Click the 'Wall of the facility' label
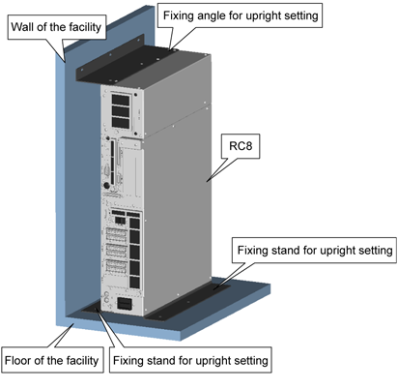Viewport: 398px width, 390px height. coord(57,27)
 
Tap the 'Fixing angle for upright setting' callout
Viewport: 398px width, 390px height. coord(241,15)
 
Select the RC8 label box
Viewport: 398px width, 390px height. coord(241,146)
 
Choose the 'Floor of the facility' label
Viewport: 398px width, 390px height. coord(52,360)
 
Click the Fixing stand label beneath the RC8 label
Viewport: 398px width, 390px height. coord(315,251)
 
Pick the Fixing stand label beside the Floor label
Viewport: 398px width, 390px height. coord(190,360)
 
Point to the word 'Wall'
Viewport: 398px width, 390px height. coord(22,27)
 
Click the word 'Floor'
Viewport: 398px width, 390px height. coord(17,360)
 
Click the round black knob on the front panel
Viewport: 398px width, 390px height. coord(106,186)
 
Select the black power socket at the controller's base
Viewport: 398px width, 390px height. coord(125,304)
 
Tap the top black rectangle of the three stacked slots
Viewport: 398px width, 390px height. coord(121,100)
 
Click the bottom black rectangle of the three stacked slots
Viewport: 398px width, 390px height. coord(121,123)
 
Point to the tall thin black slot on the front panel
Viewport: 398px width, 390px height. coord(112,163)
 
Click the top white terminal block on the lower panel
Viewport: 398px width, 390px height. coord(116,235)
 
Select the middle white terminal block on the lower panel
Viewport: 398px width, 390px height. coord(116,251)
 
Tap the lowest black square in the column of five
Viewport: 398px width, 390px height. coord(134,283)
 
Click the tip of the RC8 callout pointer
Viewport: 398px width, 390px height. coord(207,182)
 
